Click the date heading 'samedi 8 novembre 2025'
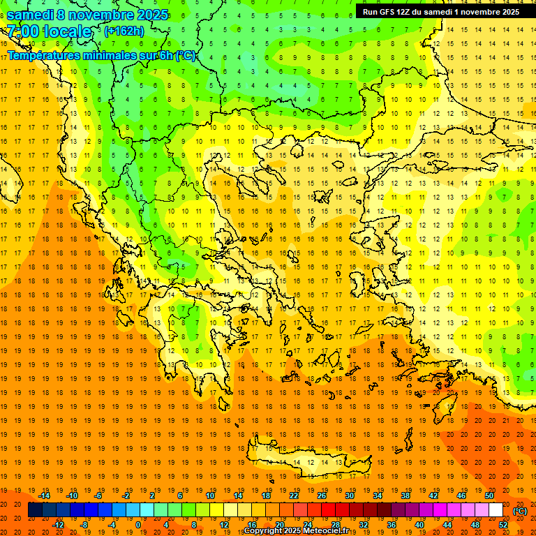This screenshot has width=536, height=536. (x=87, y=15)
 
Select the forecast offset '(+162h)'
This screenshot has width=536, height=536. (x=124, y=31)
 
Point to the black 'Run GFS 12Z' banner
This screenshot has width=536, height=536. (x=440, y=12)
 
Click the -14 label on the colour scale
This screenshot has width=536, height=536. (x=45, y=496)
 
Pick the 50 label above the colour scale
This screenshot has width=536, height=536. (x=489, y=496)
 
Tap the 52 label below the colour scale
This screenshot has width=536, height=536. (x=503, y=524)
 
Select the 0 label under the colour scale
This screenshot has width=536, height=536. (x=138, y=524)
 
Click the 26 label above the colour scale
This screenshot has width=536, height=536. (x=322, y=496)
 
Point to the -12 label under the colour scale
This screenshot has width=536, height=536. (x=58, y=524)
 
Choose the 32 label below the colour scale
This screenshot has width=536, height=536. (x=364, y=524)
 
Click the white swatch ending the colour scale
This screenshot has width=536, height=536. (x=496, y=510)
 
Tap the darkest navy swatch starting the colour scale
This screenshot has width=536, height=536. (x=35, y=510)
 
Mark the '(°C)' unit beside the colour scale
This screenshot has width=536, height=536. (x=520, y=511)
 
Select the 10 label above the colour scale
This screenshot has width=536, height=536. (x=210, y=496)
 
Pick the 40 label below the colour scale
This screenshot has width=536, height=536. (x=419, y=524)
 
